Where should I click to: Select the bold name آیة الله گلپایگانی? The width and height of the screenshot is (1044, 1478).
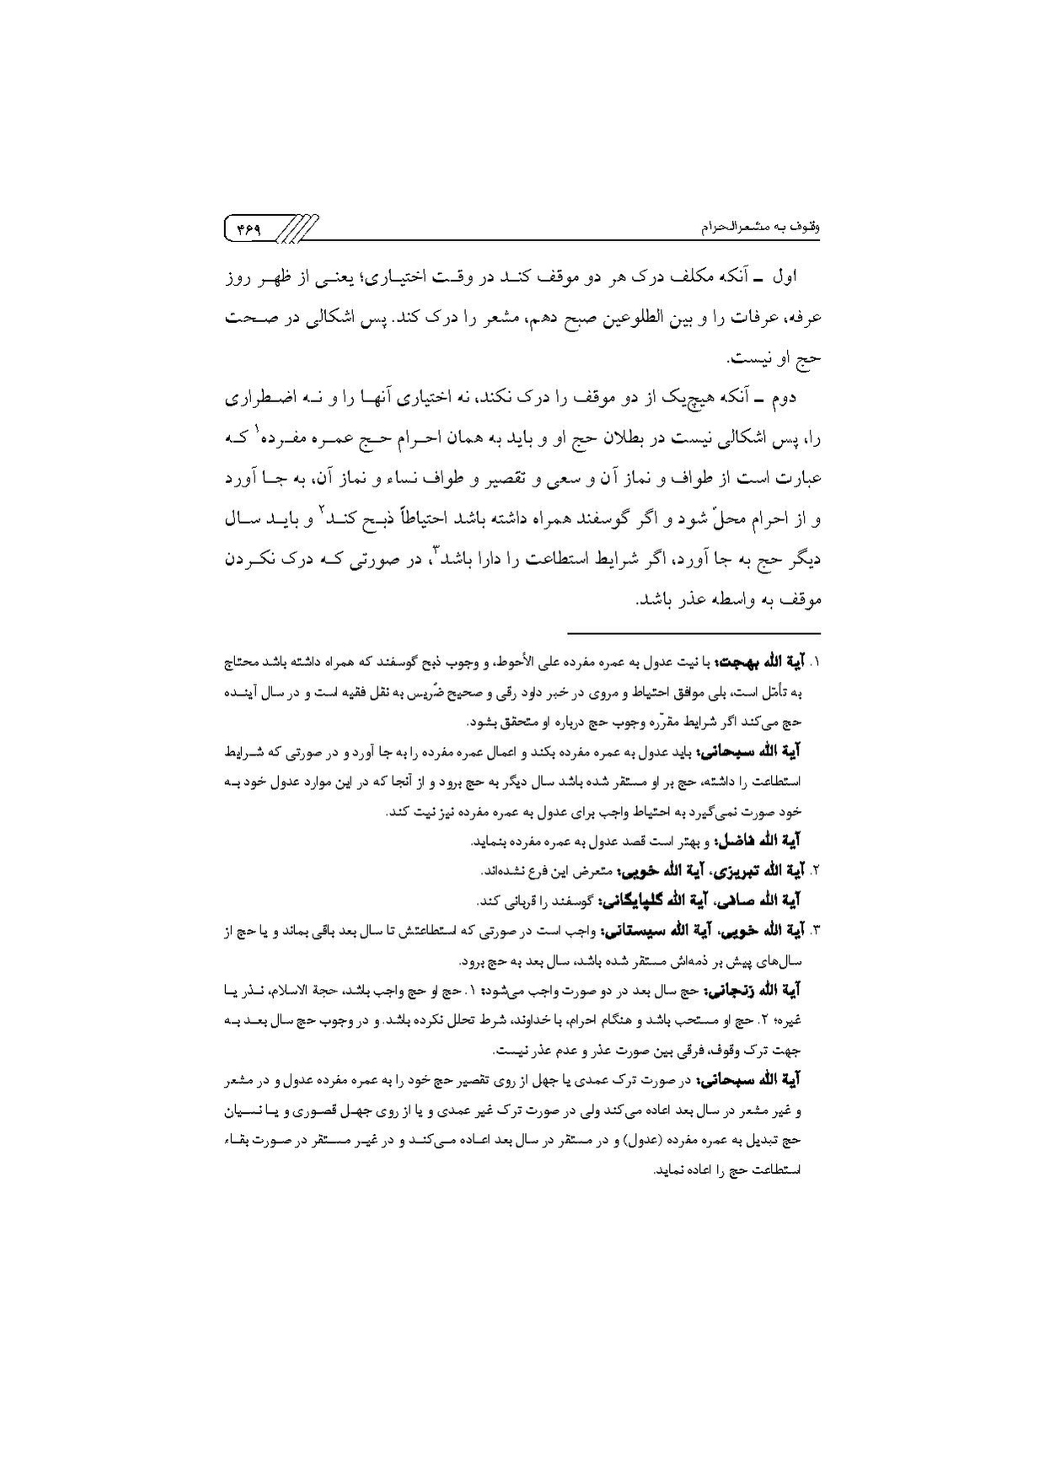(642, 901)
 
